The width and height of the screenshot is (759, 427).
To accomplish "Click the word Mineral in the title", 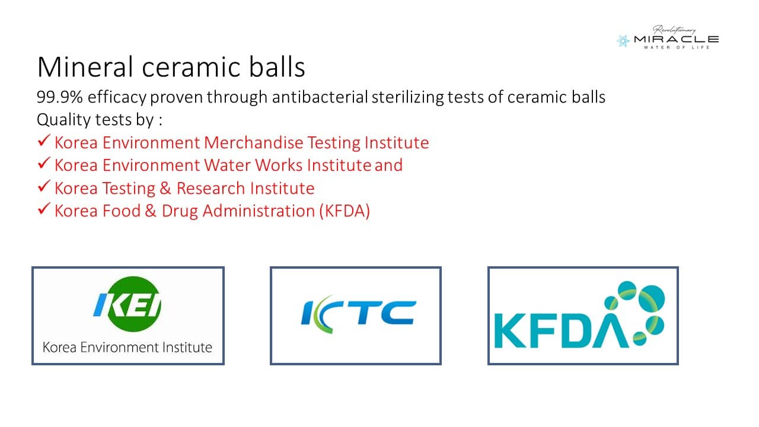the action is point(85,67).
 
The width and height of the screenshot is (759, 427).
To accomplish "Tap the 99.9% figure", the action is point(60,97).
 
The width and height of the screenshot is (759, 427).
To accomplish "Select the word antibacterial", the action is point(320,97).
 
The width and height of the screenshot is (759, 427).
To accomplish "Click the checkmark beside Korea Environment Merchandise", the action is point(44,141).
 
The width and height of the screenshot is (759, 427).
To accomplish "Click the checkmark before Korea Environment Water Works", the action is point(44,163).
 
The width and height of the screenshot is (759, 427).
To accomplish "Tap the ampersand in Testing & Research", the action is point(165,188).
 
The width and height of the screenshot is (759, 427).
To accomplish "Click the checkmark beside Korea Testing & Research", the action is point(44,186).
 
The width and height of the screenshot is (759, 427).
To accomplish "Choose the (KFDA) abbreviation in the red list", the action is point(345,211).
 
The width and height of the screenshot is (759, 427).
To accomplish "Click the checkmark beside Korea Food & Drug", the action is point(44,209).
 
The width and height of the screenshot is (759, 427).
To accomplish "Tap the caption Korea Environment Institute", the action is point(127,348).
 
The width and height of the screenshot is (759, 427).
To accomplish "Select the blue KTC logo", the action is point(358,314).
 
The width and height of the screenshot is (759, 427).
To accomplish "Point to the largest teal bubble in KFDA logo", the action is point(652,298).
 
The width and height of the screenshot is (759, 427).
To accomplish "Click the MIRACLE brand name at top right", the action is point(677,39).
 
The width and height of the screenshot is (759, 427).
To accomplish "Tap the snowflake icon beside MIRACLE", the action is point(623,41).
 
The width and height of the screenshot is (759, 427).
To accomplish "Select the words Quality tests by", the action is point(95,120).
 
